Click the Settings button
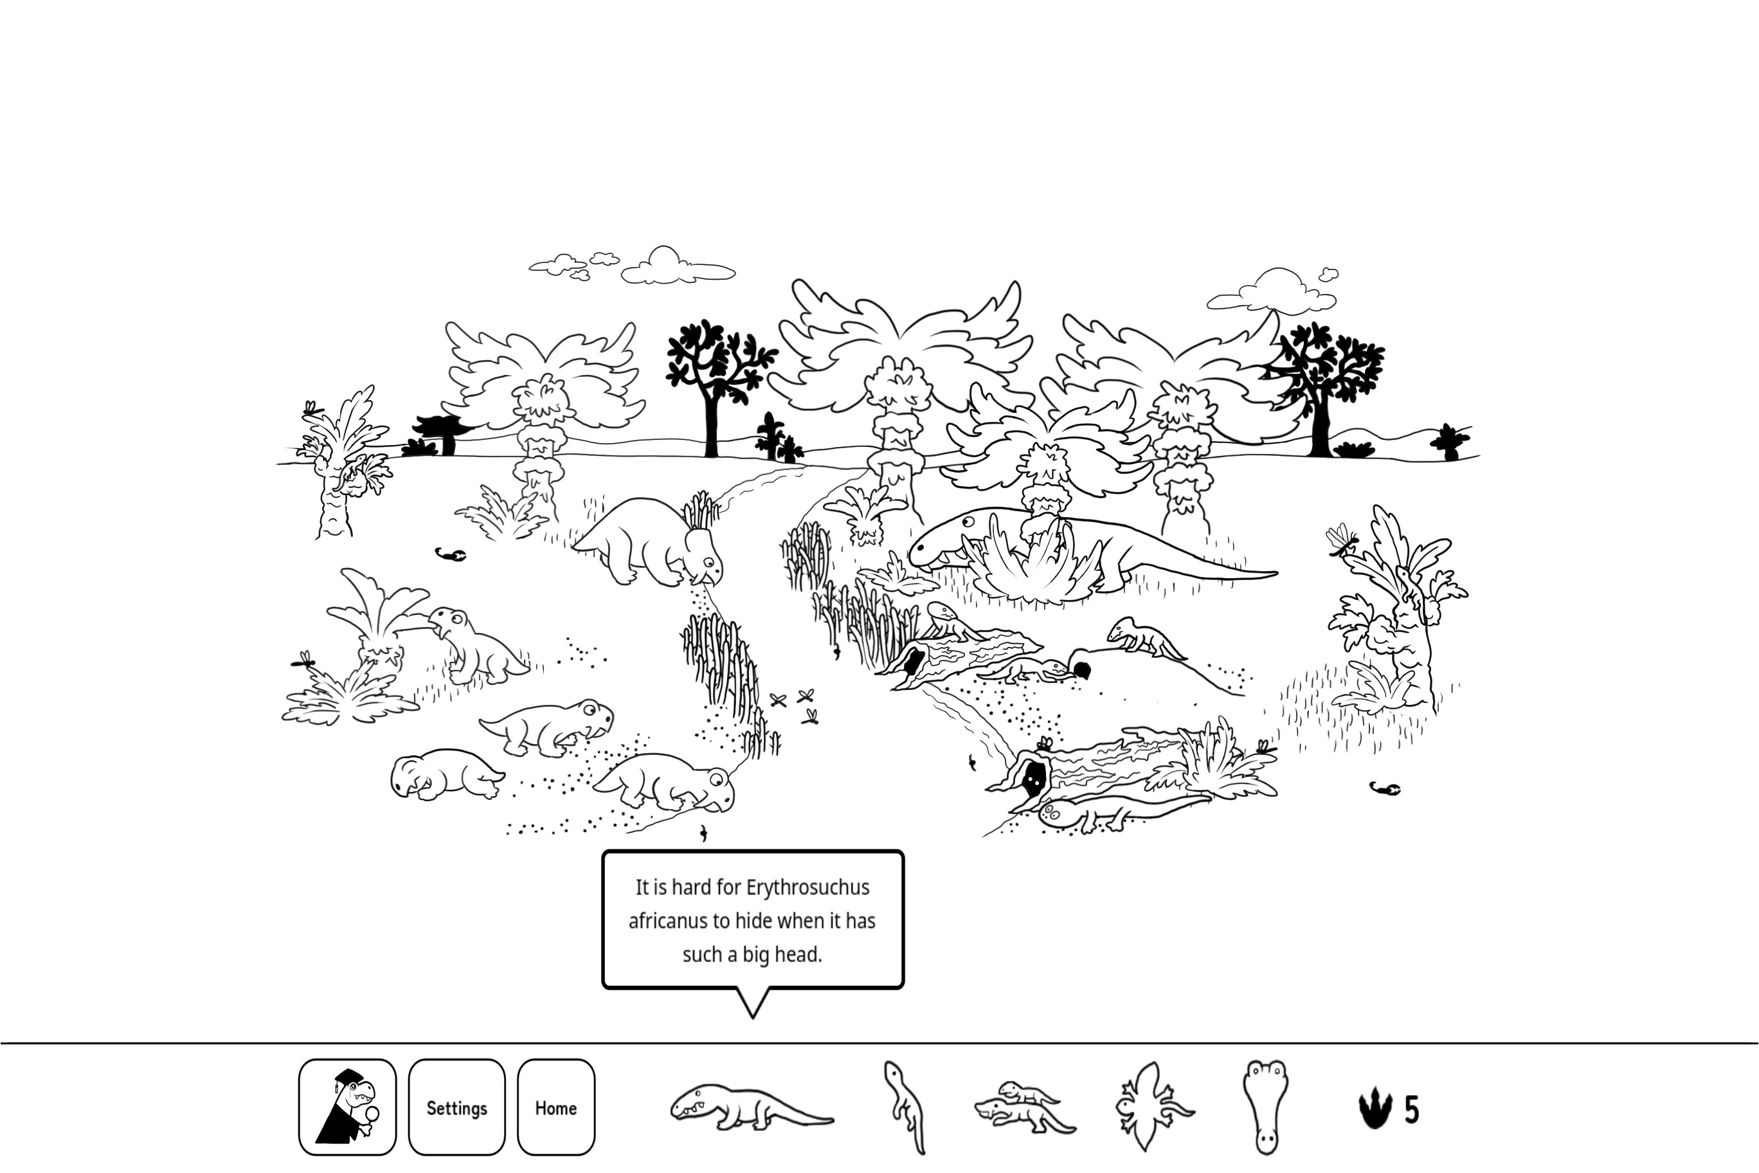[x=456, y=1107]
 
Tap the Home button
[x=555, y=1107]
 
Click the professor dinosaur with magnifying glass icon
[x=347, y=1107]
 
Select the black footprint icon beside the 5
[x=1375, y=1109]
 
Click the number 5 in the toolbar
[x=1411, y=1109]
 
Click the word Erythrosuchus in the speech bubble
[x=807, y=888]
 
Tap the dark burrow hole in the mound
[x=1081, y=668]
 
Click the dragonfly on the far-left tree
[x=311, y=408]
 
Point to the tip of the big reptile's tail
[x=1273, y=574]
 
